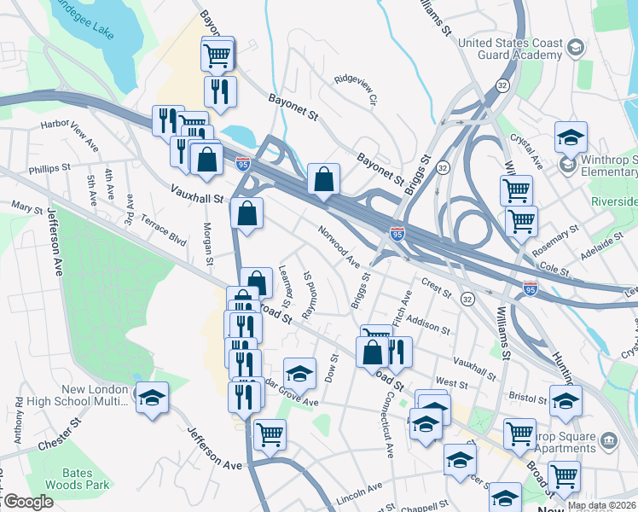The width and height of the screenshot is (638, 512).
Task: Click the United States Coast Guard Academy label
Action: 510,49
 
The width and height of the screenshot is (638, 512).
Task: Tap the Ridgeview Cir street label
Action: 356,89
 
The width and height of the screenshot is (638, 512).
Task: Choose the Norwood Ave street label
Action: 339,245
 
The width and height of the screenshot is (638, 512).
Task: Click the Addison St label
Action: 428,324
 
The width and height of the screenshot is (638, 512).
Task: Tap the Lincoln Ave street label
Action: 359,493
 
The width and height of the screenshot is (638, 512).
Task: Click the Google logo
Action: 27,502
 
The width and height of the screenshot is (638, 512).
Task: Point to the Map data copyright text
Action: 601,505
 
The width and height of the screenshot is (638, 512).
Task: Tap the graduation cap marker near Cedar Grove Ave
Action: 299,373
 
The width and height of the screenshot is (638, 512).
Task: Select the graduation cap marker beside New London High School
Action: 152,397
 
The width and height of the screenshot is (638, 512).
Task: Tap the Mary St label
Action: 26,207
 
